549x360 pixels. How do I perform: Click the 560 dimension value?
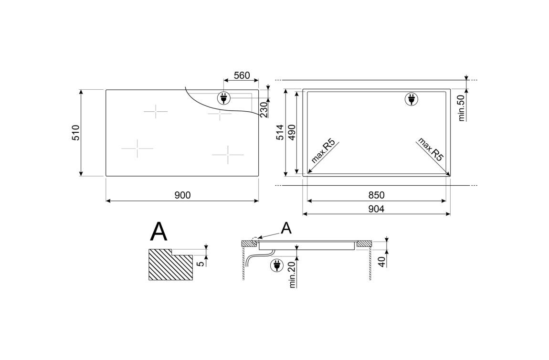pyautogui.click(x=242, y=75)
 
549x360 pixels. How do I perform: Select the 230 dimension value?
pyautogui.click(x=264, y=110)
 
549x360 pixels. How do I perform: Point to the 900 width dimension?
pyautogui.click(x=182, y=195)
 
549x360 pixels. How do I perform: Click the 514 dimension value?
pyautogui.click(x=280, y=132)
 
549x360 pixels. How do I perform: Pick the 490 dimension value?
pyautogui.click(x=292, y=132)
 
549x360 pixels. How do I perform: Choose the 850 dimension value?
pyautogui.click(x=376, y=195)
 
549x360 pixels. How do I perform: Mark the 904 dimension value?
pyautogui.click(x=376, y=209)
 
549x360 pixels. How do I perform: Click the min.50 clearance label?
pyautogui.click(x=462, y=108)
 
